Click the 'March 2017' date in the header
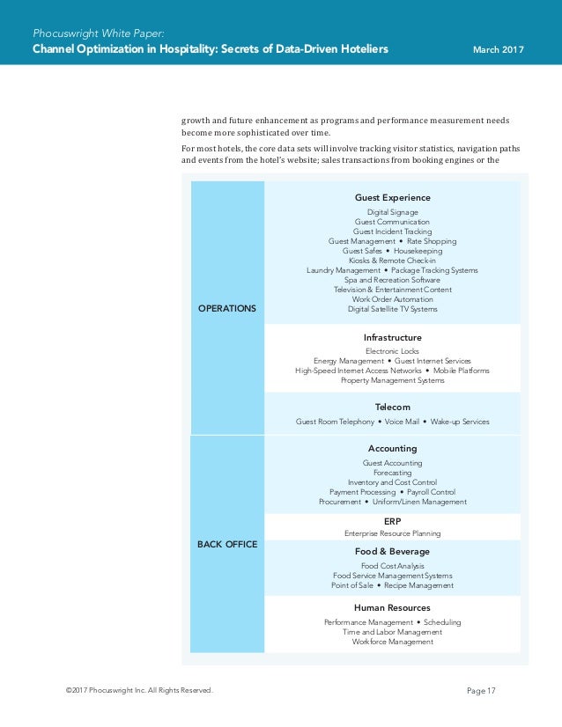point(499,49)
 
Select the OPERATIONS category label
point(226,309)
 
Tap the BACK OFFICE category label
point(227,544)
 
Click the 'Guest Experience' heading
point(392,198)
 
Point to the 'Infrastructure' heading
point(392,337)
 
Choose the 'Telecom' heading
point(392,408)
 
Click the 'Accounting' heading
point(392,449)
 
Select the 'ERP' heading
point(392,521)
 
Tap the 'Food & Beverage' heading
point(392,552)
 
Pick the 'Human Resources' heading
point(392,608)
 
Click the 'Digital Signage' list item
point(392,212)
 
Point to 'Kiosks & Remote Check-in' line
point(392,261)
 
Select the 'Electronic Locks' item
point(392,351)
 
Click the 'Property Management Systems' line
point(392,380)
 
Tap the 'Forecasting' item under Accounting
point(392,473)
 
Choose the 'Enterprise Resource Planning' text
point(392,533)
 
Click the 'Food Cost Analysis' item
point(392,566)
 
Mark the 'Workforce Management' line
point(392,642)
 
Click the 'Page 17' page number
point(481,691)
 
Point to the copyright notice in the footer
point(139,691)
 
